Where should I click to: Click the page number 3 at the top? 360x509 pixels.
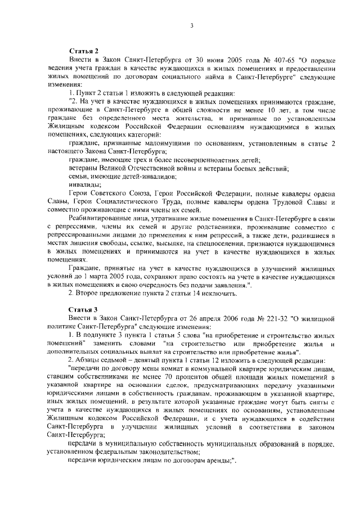[192, 25]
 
